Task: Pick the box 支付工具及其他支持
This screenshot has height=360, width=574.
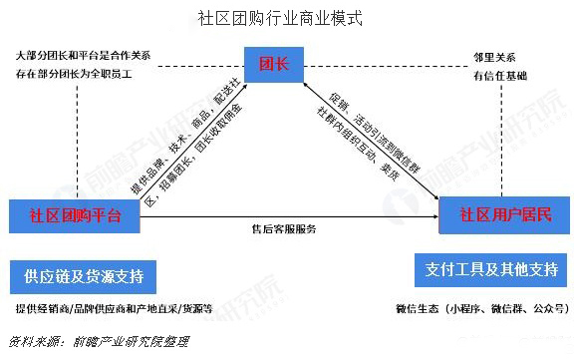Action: (487, 270)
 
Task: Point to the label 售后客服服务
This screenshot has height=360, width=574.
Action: (283, 230)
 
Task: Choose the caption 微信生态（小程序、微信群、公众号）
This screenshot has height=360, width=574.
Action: (482, 309)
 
